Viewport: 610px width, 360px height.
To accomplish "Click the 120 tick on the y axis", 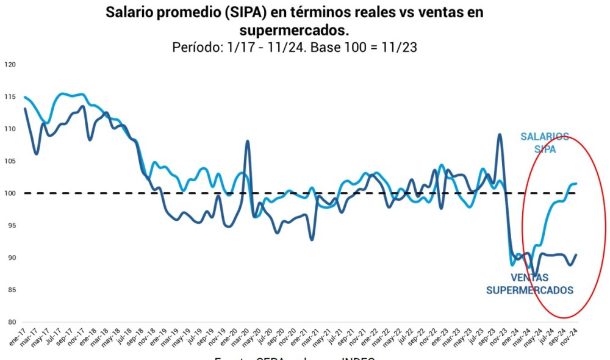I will (10, 65).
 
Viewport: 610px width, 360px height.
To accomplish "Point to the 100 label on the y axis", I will (10, 193).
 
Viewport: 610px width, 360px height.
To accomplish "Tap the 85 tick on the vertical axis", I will (11, 290).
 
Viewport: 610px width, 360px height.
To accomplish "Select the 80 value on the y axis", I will (11, 322).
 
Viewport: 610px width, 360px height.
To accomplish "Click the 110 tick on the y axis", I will (10, 129).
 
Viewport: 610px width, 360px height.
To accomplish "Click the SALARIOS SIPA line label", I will (544, 143).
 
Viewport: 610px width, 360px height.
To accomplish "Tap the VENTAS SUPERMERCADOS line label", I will (529, 284).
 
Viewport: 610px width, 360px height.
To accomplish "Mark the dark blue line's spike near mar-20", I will (248, 141).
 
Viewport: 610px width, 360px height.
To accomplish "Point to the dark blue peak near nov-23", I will (500, 134).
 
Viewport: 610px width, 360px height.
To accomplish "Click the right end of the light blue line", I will (576, 184).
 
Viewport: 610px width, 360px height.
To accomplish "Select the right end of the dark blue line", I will (576, 254).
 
